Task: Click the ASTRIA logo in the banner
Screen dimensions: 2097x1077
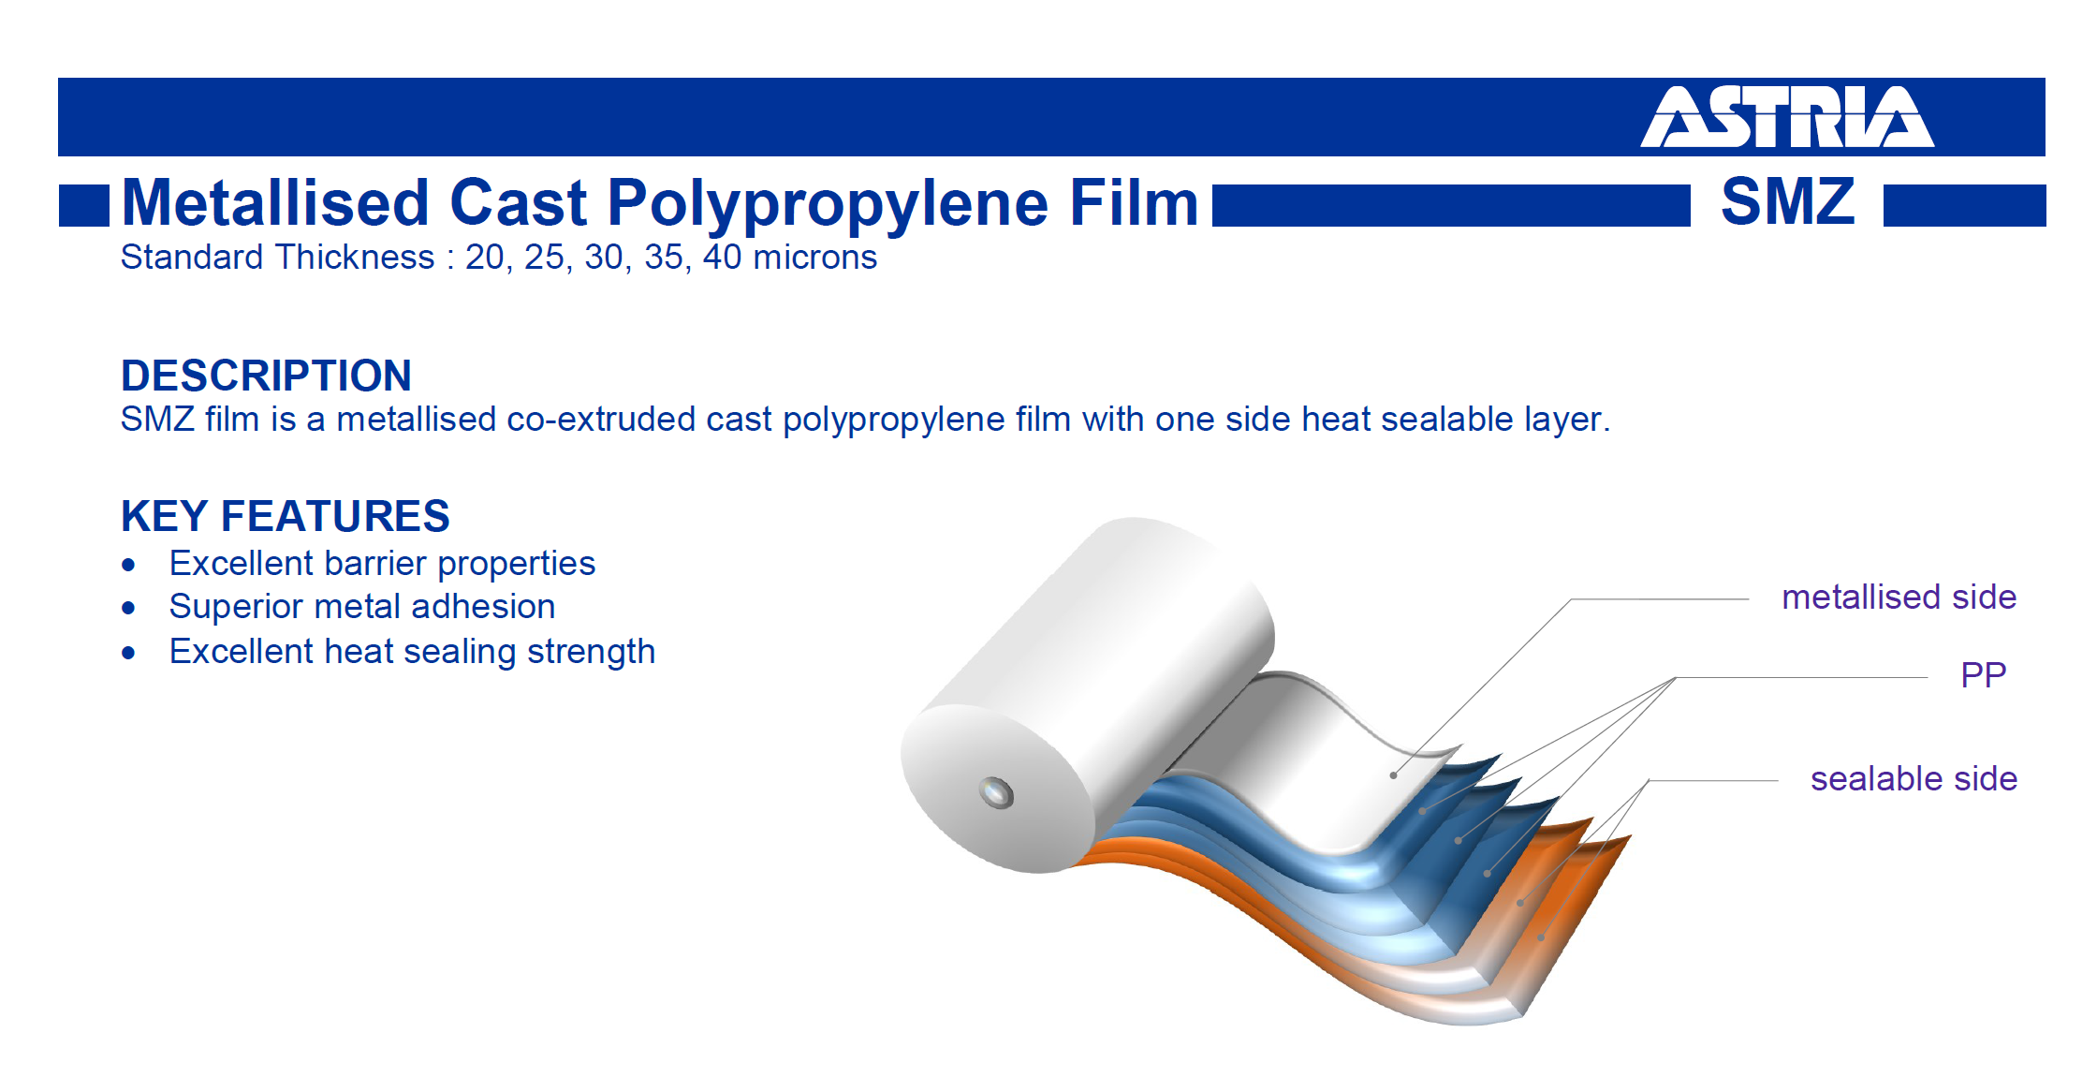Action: [x=1787, y=117]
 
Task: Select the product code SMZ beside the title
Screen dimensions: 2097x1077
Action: [x=1788, y=201]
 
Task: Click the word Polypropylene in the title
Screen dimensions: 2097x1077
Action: [x=829, y=204]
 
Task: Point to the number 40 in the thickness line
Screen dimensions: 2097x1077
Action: [x=723, y=258]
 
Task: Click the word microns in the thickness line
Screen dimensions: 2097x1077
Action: [x=815, y=258]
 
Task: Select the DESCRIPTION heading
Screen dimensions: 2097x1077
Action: [x=267, y=376]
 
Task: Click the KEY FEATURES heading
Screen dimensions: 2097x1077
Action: [x=286, y=516]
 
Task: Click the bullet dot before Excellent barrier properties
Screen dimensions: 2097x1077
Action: [x=129, y=565]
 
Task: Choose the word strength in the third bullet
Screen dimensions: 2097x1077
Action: [x=591, y=652]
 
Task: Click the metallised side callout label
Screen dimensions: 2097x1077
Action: [x=1899, y=598]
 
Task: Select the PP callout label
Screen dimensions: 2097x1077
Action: [x=1984, y=674]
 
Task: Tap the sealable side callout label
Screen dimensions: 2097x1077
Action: [x=1914, y=779]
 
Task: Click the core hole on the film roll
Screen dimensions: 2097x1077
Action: [x=996, y=793]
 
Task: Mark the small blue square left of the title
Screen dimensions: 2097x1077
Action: [x=84, y=206]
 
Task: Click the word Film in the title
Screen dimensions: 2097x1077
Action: [x=1134, y=202]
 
